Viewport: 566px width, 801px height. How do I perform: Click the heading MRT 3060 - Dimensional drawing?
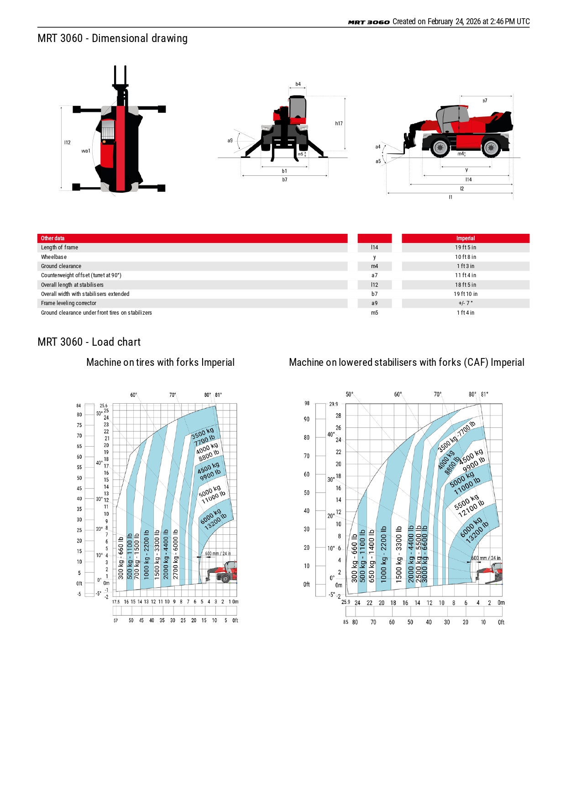pyautogui.click(x=112, y=38)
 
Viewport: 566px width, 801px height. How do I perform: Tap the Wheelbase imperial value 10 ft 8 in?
pyautogui.click(x=465, y=257)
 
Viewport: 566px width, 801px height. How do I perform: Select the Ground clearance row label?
pyautogui.click(x=61, y=266)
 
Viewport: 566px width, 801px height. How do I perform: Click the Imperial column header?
pyautogui.click(x=465, y=238)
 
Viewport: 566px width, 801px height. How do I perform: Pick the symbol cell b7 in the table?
pyautogui.click(x=374, y=294)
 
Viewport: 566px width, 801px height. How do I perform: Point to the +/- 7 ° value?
pyautogui.click(x=465, y=303)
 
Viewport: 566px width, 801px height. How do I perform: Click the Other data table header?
pyautogui.click(x=53, y=238)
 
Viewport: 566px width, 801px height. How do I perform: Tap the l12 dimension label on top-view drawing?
pyautogui.click(x=68, y=142)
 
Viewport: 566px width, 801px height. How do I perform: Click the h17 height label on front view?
pyautogui.click(x=339, y=123)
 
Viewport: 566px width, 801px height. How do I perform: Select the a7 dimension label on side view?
pyautogui.click(x=485, y=100)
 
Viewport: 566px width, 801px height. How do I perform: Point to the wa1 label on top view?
pyautogui.click(x=86, y=151)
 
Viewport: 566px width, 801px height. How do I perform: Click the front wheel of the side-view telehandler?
pyautogui.click(x=440, y=148)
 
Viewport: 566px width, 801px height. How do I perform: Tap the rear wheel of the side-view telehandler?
pyautogui.click(x=491, y=148)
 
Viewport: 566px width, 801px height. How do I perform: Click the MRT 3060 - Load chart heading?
pyautogui.click(x=89, y=342)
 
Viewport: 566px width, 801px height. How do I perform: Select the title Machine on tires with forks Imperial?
pyautogui.click(x=160, y=363)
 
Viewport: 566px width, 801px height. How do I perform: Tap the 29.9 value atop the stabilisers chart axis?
pyautogui.click(x=334, y=404)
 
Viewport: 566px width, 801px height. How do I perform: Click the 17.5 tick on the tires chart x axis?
pyautogui.click(x=116, y=602)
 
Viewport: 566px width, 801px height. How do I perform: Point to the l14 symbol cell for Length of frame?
pyautogui.click(x=374, y=248)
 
